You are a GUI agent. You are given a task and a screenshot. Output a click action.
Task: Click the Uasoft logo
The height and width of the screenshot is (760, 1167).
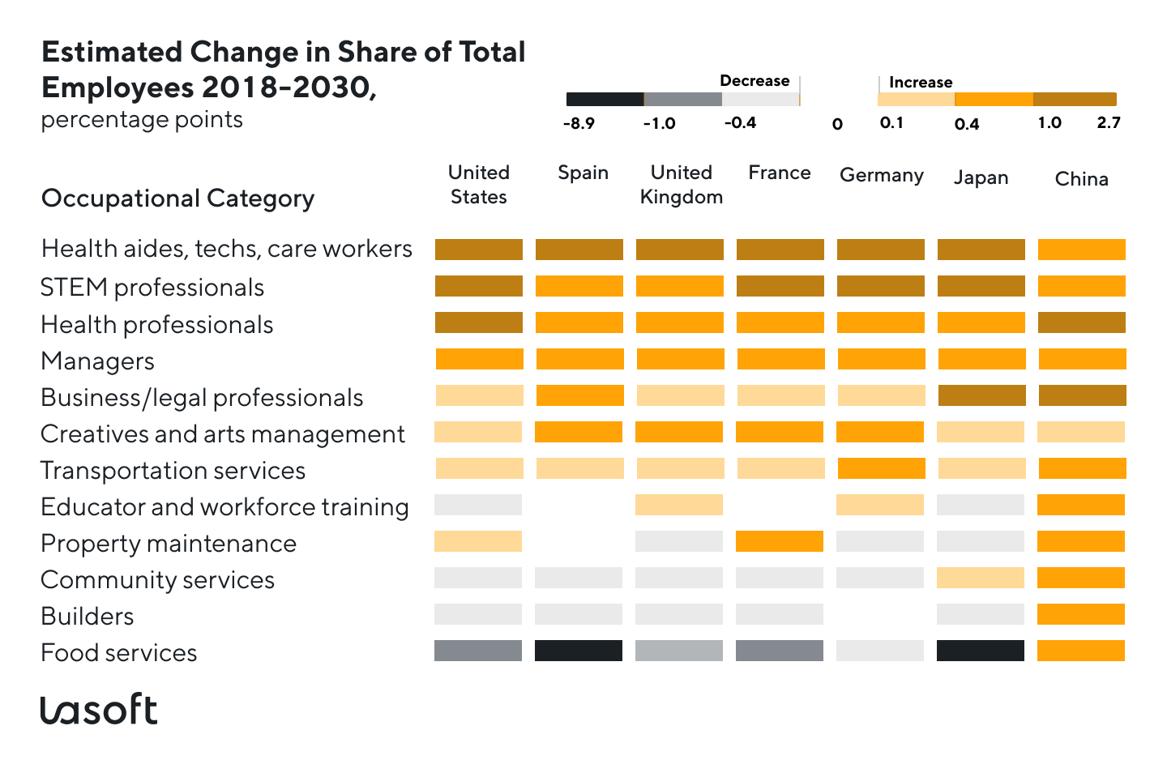98,710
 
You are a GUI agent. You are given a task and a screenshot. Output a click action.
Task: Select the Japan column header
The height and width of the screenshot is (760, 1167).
981,177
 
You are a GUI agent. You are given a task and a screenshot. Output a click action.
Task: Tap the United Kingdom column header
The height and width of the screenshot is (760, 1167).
681,185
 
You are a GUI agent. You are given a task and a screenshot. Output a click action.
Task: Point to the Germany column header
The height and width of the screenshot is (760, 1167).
881,175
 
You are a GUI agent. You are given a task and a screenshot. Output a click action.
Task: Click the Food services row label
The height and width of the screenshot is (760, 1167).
119,653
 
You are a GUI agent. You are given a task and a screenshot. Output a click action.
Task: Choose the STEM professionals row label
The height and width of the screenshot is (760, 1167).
152,288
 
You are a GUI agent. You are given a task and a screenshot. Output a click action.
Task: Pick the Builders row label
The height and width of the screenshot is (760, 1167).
88,617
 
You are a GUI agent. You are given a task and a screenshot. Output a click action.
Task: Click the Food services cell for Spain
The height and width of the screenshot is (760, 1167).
579,651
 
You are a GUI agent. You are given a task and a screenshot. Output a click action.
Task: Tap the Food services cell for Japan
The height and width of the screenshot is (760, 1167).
981,651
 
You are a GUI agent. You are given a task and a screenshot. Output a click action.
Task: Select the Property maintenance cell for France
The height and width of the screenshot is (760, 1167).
780,541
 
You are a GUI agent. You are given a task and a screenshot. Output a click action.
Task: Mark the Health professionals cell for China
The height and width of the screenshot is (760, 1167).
1081,322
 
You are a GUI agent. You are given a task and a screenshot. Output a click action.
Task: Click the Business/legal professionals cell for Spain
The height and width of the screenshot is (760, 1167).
579,395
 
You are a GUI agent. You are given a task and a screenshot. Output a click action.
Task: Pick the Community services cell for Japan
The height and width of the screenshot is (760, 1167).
981,578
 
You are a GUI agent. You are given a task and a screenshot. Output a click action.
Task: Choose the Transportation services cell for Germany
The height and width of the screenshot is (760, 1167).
881,468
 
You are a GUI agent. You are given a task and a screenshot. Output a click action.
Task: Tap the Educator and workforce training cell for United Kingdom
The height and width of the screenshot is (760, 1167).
679,505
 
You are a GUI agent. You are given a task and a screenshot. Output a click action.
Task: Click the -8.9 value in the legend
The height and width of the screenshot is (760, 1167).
579,123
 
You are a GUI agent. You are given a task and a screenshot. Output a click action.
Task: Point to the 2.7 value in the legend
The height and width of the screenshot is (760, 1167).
1108,122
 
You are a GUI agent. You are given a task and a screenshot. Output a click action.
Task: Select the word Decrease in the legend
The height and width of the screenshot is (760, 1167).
754,81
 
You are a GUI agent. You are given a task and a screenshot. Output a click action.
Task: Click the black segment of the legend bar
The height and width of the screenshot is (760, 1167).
605,100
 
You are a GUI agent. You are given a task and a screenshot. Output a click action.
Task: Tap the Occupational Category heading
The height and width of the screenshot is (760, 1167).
177,199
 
